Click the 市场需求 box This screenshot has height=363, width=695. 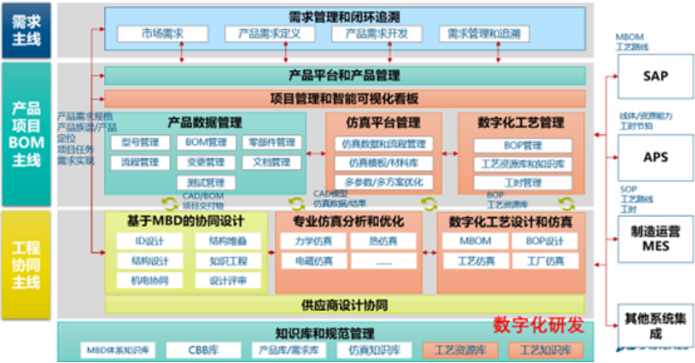point(161,34)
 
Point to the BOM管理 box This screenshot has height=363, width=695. point(204,143)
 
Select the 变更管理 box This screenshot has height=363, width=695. point(204,162)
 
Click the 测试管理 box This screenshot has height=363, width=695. point(204,182)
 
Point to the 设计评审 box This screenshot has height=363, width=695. point(226,280)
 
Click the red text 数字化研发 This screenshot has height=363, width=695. point(538,325)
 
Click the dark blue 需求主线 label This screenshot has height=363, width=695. point(25,30)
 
